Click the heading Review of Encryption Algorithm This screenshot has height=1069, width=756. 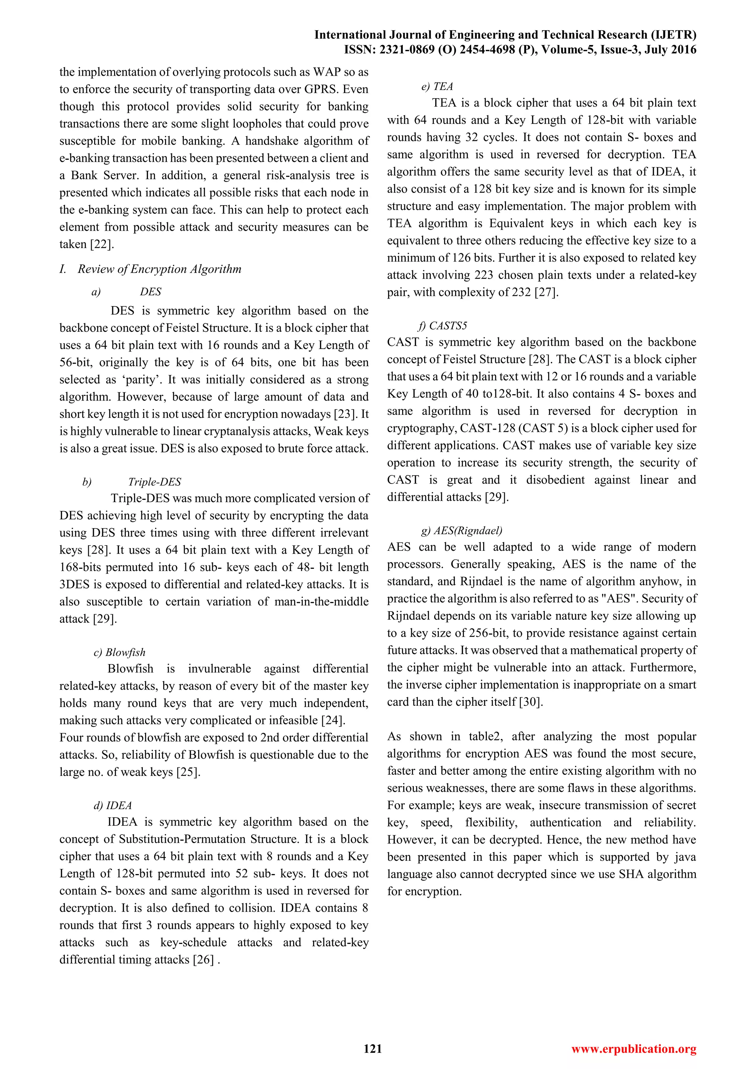pyautogui.click(x=159, y=269)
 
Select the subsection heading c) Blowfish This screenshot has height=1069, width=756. pyautogui.click(x=120, y=652)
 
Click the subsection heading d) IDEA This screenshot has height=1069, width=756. pyautogui.click(x=113, y=805)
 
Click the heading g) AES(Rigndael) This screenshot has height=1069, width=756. pyautogui.click(x=461, y=530)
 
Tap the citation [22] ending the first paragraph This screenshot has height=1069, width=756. pyautogui.click(x=102, y=244)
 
